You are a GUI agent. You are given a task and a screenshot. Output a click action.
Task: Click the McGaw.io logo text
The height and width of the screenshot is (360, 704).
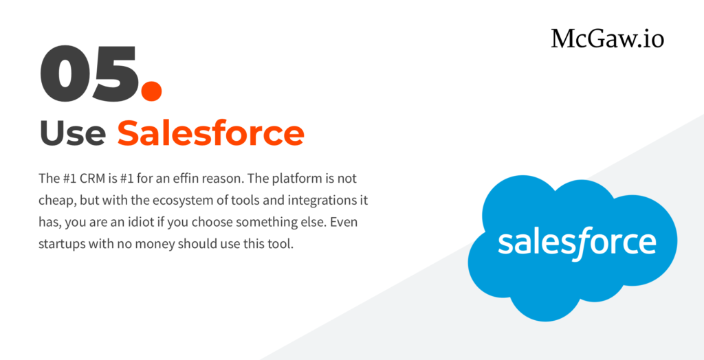point(608,38)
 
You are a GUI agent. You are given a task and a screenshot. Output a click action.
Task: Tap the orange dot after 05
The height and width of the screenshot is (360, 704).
point(151,89)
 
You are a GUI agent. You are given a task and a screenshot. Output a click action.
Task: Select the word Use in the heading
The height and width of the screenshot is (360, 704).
point(73,133)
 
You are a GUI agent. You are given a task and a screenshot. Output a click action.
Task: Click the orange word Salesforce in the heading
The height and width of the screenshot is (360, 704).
point(210,133)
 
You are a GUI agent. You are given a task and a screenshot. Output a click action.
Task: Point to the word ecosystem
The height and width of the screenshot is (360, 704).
point(174,201)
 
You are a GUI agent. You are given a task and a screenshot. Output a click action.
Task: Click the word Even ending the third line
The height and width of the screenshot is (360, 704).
point(346,223)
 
